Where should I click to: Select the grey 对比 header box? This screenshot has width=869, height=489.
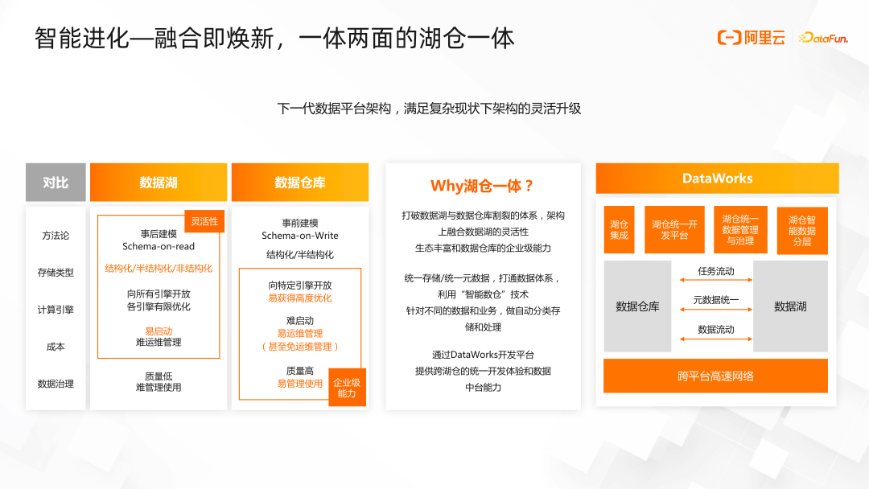coord(56,183)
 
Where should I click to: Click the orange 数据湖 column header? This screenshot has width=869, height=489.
coord(159,183)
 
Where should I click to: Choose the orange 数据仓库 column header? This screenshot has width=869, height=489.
coord(299,183)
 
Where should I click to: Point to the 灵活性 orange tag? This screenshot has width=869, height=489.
coord(204,221)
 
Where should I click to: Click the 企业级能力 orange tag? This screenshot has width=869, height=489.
coord(347,388)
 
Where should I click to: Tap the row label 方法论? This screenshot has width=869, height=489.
coord(56,236)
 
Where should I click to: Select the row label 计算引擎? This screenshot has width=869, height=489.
coord(56,310)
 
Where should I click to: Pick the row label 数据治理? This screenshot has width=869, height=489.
coord(56,384)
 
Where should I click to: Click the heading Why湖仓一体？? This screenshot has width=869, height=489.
coord(482,186)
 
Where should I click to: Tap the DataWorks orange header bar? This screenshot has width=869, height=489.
coord(717,179)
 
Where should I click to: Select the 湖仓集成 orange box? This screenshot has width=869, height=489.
coord(619,230)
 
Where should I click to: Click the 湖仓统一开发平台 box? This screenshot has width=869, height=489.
coord(674,230)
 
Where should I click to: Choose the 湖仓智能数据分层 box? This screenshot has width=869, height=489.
coord(801,231)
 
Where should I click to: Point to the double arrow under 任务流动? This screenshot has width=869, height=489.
coord(716,280)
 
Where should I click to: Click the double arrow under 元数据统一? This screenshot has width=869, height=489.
coord(716,310)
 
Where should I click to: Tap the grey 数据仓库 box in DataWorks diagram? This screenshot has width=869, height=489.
coord(637,306)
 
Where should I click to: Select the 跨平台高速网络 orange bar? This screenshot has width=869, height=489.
coord(715,376)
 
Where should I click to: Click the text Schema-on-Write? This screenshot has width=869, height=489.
coord(300,236)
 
